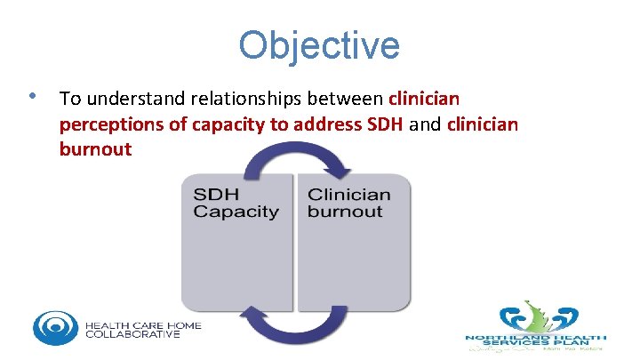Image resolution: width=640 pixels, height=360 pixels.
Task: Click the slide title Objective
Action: click(x=319, y=45)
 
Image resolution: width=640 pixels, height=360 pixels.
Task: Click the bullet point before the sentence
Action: click(x=32, y=95)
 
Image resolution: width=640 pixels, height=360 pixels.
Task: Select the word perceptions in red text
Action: click(x=112, y=124)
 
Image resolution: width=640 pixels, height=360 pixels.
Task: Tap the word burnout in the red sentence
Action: click(x=95, y=149)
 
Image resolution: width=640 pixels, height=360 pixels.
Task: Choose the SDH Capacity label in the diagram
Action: click(x=236, y=203)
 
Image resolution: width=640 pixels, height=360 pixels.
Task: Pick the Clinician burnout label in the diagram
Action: click(x=348, y=203)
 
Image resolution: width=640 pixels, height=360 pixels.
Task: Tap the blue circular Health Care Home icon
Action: click(x=55, y=327)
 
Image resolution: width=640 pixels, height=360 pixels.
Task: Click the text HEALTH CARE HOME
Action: click(x=143, y=325)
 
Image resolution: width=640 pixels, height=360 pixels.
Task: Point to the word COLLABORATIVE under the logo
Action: click(x=133, y=335)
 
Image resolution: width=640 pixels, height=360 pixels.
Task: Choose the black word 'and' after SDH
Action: click(x=427, y=124)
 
